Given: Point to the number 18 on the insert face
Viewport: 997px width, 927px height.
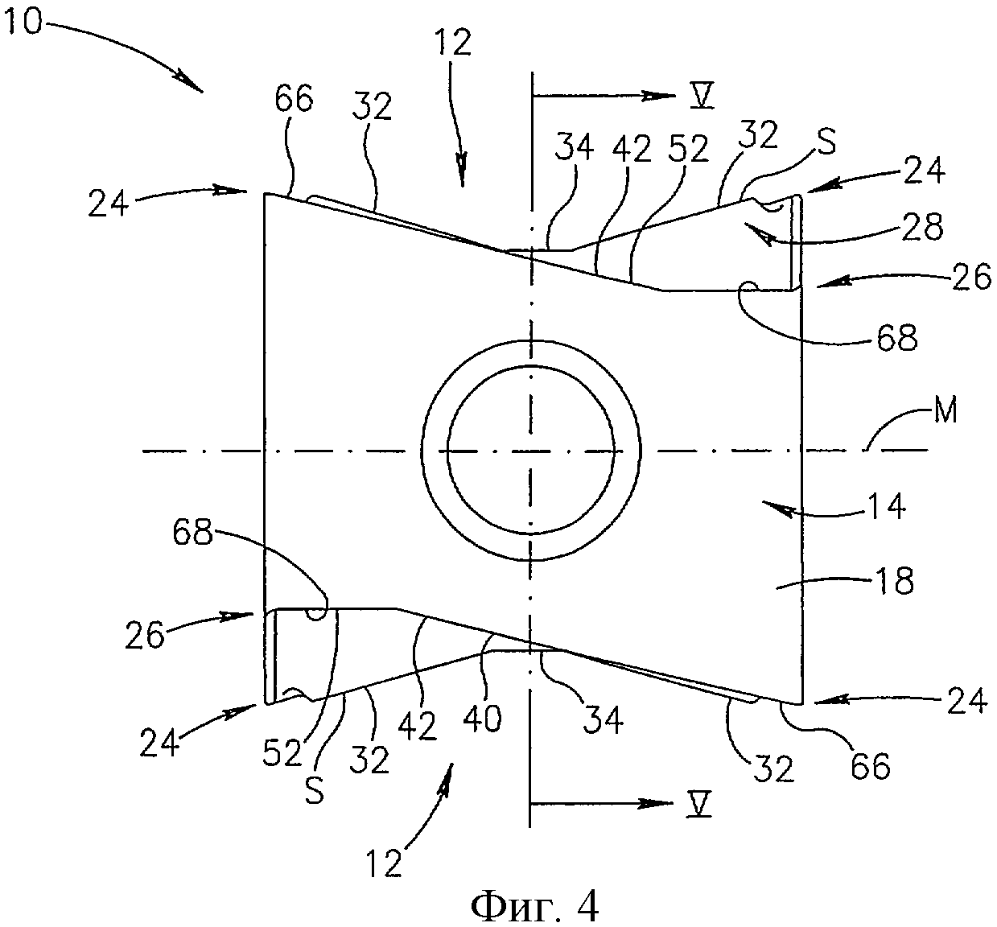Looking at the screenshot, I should click(x=893, y=580).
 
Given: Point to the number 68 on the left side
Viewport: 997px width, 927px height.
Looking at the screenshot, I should click(x=191, y=533).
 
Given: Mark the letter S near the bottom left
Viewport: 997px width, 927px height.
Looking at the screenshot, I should click(x=314, y=792).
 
